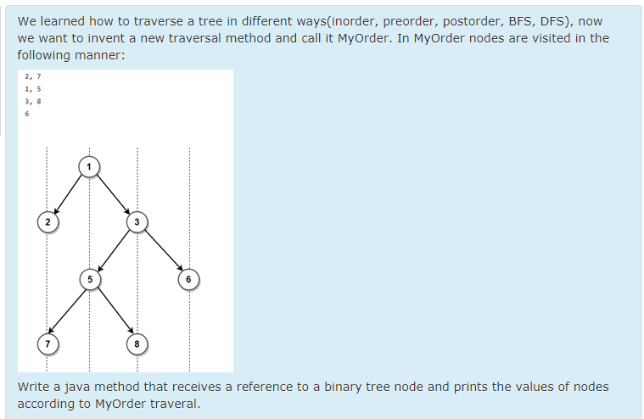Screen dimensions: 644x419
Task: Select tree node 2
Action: coord(48,222)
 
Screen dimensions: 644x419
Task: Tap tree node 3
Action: coord(137,222)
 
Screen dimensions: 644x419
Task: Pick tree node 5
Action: coord(89,278)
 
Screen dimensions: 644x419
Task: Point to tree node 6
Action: coord(188,278)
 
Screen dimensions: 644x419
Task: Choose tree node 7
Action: coord(48,344)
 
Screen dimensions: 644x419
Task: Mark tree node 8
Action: coord(137,344)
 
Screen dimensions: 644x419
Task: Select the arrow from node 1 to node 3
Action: coord(113,194)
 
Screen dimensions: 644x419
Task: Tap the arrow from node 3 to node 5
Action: coord(114,250)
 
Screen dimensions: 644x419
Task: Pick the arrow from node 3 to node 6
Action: coord(163,250)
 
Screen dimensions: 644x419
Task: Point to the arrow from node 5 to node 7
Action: coord(68,311)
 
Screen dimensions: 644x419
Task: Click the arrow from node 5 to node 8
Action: coord(114,311)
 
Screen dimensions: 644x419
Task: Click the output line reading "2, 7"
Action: coord(33,76)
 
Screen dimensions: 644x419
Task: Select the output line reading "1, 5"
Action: coord(33,88)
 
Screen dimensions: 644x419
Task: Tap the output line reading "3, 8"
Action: coord(33,101)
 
